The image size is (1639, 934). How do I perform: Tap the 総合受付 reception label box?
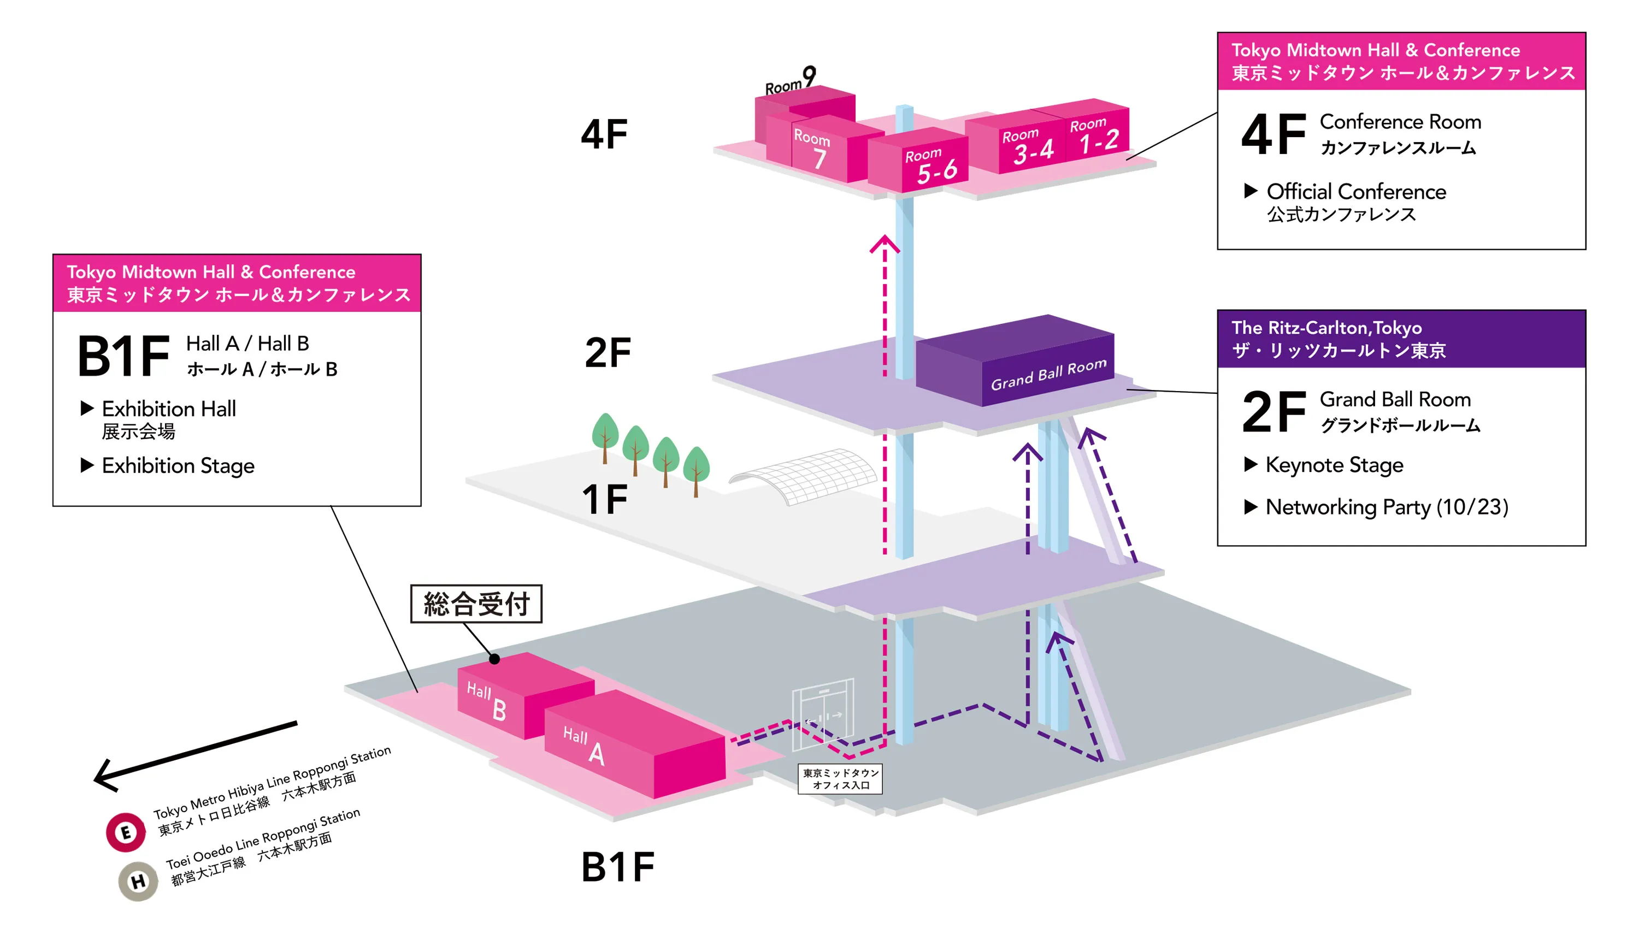[476, 604]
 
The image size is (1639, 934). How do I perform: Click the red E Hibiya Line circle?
[126, 832]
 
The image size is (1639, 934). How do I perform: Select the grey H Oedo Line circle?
[138, 882]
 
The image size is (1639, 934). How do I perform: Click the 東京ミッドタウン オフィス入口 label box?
[840, 779]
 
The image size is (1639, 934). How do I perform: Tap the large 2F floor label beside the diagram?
[608, 352]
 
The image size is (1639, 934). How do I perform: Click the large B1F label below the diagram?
[618, 867]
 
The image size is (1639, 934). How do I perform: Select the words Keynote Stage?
[1334, 465]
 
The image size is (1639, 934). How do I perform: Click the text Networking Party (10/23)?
[1386, 507]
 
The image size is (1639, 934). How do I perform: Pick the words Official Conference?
[1355, 192]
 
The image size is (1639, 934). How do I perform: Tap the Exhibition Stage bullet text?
[178, 466]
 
